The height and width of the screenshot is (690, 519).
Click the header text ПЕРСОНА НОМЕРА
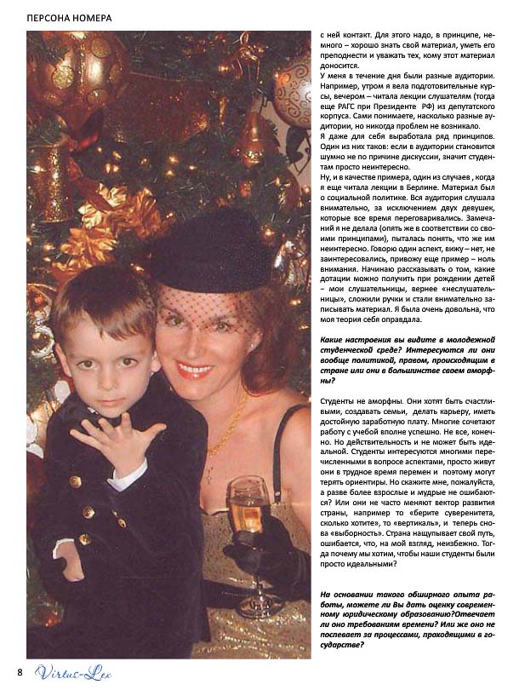pos(69,17)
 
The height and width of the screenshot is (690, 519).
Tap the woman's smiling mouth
pos(196,371)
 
